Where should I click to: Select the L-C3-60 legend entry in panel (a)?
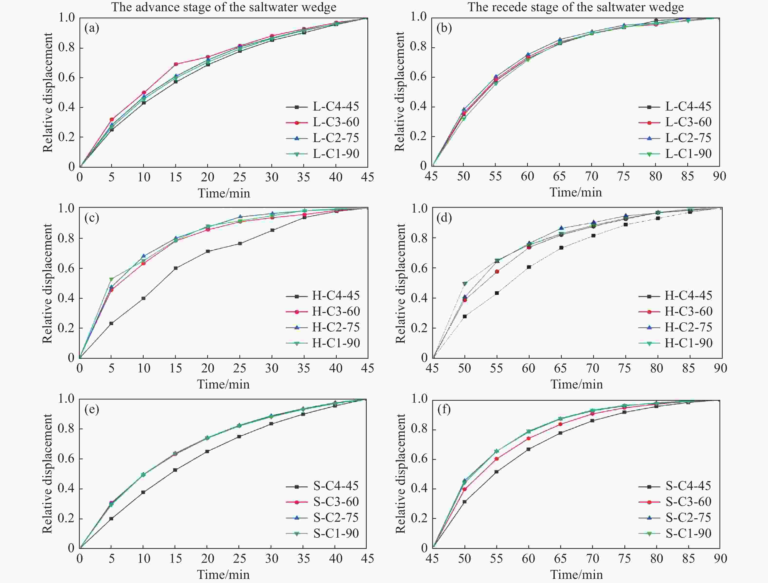(323, 122)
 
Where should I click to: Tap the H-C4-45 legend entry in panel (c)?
(323, 296)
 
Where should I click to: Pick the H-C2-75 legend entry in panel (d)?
(675, 327)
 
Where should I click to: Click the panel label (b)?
(444, 28)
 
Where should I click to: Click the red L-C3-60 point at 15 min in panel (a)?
(176, 64)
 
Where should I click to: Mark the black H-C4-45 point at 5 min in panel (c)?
(111, 323)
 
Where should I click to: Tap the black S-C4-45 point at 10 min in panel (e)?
(143, 492)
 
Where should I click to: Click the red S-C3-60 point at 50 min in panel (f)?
(464, 490)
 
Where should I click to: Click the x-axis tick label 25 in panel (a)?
(240, 177)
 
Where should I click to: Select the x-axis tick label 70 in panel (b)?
(592, 176)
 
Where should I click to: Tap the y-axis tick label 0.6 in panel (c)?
(66, 268)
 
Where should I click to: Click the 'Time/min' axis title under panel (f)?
(577, 574)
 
